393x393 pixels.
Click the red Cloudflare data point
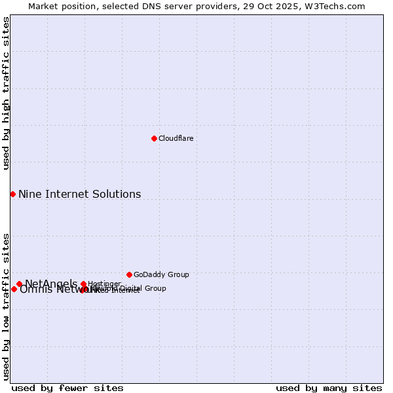pos(154,138)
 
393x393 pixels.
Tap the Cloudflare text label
pos(176,138)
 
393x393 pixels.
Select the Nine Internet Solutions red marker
pos(12,194)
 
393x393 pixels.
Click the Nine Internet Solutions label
pos(79,194)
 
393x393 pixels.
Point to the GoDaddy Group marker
pos(129,274)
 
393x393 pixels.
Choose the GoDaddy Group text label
pos(161,274)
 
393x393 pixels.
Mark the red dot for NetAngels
pos(19,284)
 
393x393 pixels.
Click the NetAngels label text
pos(50,284)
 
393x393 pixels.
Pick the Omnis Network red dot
pos(14,289)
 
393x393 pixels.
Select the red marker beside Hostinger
pos(83,284)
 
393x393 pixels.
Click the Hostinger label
pos(104,284)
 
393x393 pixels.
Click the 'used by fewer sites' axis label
pos(67,388)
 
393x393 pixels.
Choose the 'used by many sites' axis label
pos(329,388)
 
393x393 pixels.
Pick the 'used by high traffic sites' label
pos(6,93)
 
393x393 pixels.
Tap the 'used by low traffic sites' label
pos(6,306)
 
